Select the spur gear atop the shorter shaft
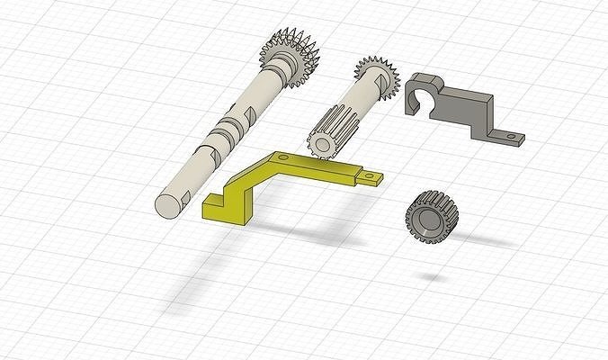[x=376, y=79]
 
